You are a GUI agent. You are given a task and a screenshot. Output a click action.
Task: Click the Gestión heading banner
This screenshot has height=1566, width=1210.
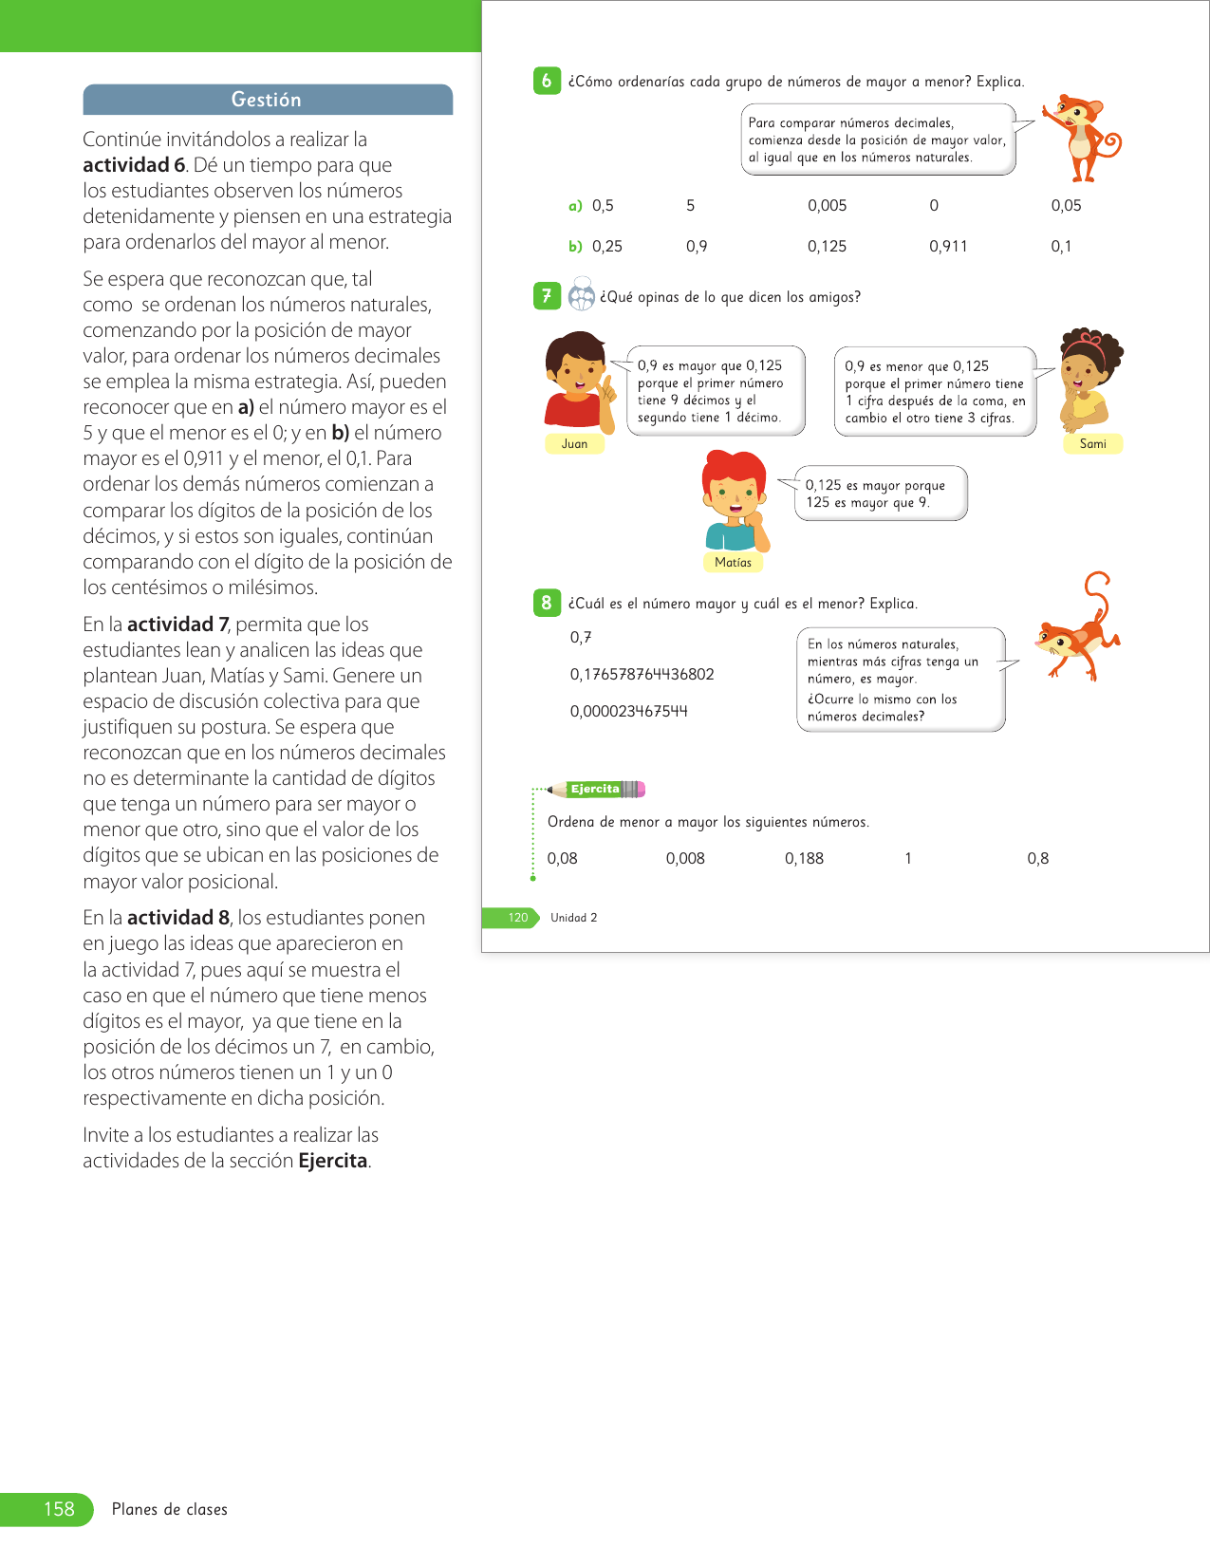coord(267,100)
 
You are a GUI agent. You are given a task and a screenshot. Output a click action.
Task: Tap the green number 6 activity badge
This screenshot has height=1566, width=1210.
coord(547,82)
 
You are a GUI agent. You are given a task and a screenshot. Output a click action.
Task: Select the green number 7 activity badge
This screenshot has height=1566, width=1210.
coord(547,296)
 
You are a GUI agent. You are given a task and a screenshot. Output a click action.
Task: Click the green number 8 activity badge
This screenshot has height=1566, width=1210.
coord(547,603)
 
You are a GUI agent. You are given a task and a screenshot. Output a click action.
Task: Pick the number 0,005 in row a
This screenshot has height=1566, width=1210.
coord(827,206)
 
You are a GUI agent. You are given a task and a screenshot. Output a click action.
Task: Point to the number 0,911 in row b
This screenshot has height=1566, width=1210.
coord(948,247)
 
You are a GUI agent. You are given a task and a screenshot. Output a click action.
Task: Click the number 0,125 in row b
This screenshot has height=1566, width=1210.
coord(827,247)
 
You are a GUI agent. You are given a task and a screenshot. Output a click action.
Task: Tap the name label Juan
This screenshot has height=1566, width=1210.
coord(574,444)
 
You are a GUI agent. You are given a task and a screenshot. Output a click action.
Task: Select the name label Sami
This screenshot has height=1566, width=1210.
coord(1092,444)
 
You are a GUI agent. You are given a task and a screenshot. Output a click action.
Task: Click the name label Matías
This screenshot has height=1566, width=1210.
coord(733,563)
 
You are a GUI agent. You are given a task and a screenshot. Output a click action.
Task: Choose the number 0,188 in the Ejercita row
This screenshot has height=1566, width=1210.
coord(804,859)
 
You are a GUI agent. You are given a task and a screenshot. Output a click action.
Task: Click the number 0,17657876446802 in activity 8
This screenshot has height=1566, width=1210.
coord(642,675)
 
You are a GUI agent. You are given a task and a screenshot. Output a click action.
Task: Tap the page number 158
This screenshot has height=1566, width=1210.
coord(59,1509)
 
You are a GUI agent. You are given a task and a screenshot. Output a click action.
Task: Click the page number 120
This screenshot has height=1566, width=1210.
coord(517,918)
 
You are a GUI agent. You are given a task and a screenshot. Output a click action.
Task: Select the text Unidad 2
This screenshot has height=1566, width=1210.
coord(573,918)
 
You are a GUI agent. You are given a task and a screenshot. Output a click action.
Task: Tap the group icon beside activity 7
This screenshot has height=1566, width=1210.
coord(581,296)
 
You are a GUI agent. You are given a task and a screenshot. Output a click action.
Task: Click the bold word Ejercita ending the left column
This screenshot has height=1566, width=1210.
coord(332,1161)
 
